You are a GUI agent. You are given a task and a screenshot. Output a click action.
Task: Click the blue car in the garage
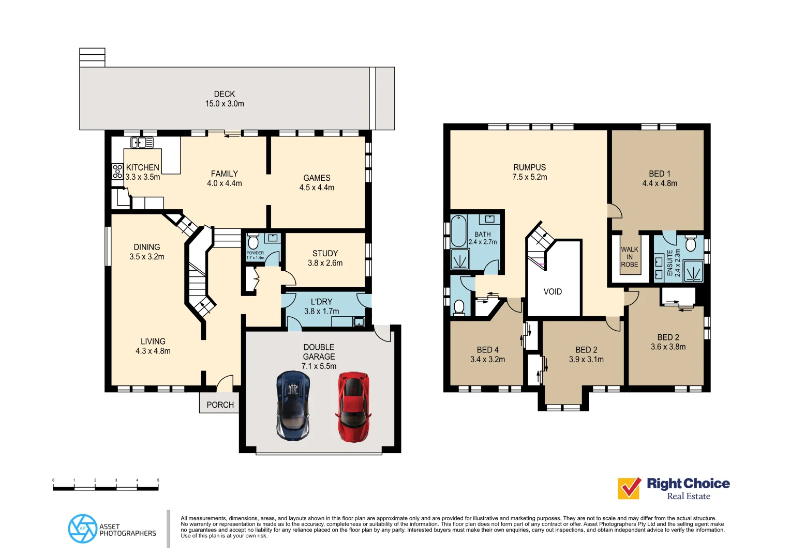(293, 405)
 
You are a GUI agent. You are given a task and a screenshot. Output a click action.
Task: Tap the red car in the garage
(353, 406)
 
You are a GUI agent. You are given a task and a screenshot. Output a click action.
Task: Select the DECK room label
(225, 94)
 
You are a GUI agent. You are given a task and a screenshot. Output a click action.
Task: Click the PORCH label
(220, 405)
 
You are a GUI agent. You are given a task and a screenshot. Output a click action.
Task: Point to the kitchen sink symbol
(142, 143)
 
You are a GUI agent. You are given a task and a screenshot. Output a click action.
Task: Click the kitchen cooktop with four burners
(117, 171)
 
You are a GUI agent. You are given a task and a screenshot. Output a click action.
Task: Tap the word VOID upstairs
(553, 292)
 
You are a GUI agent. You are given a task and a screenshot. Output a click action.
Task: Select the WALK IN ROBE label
(630, 257)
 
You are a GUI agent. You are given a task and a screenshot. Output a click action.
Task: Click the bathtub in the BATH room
(458, 231)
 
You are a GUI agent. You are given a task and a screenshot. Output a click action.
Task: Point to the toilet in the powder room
(253, 242)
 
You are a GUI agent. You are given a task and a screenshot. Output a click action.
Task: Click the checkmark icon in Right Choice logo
(629, 488)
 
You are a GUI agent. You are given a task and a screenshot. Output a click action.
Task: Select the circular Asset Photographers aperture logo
(82, 529)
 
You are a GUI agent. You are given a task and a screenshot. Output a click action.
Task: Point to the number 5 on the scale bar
(158, 481)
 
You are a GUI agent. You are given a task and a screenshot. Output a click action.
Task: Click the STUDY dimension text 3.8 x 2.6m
(325, 263)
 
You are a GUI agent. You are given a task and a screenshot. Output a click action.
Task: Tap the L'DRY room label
(321, 302)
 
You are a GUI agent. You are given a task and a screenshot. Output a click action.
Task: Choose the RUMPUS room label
(529, 167)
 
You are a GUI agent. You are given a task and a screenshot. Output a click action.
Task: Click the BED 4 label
(487, 350)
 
